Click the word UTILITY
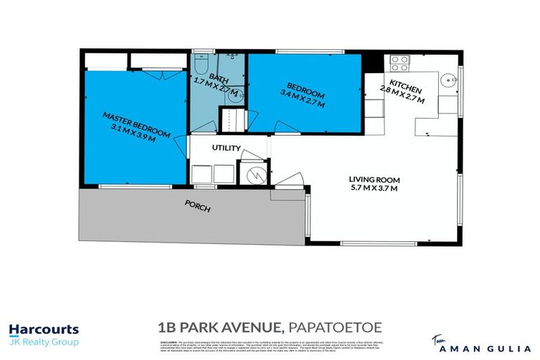(226, 148)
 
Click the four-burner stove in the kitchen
(399, 64)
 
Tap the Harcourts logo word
(44, 329)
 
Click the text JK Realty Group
(44, 342)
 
